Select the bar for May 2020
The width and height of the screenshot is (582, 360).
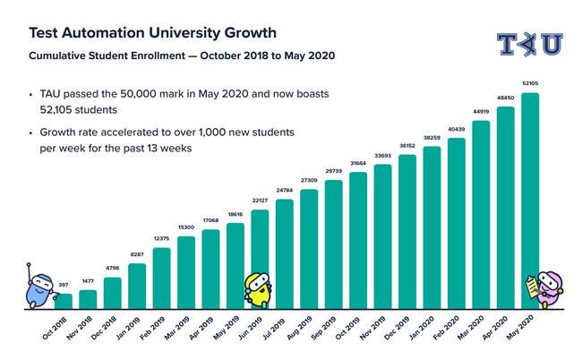[x=530, y=201]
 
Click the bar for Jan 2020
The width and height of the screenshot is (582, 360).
[x=432, y=227]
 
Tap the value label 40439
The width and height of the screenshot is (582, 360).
[x=457, y=133]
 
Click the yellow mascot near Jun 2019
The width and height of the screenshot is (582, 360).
[x=257, y=288]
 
